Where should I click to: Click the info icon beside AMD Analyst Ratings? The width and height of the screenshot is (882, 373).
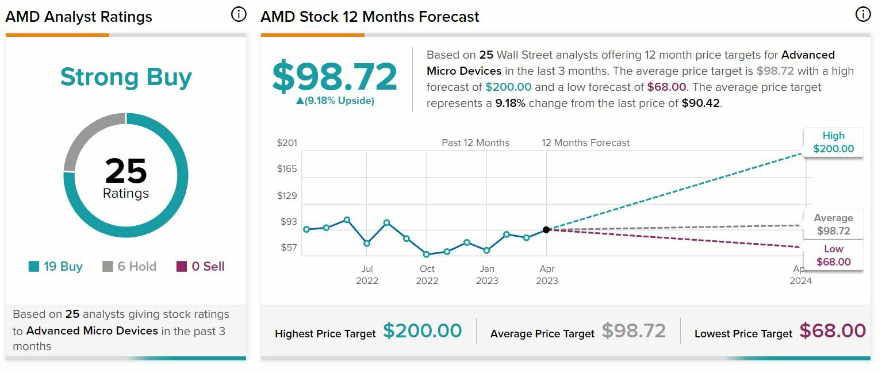tap(239, 14)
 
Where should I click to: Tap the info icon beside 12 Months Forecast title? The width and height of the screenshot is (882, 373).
tap(863, 14)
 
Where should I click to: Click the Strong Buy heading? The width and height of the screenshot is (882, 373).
tap(126, 77)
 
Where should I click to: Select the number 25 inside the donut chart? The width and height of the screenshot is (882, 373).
tap(126, 171)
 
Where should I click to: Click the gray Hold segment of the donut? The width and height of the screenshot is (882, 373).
tap(89, 138)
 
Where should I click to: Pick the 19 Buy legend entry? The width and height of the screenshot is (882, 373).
tap(56, 267)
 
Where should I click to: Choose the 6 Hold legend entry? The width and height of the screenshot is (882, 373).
tap(129, 267)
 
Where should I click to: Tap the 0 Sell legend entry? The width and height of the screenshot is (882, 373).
tap(201, 267)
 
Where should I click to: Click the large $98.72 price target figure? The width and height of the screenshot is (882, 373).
tap(335, 76)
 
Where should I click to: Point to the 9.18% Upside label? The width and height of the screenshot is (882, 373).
tap(335, 101)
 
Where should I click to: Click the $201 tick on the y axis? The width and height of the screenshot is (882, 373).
tap(287, 143)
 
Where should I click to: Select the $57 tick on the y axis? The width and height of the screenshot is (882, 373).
tap(288, 248)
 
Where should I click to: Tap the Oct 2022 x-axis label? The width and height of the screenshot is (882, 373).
tap(427, 275)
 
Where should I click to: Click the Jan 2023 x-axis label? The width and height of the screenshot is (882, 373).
tap(487, 275)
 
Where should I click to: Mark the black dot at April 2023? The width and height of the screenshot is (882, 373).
tap(546, 229)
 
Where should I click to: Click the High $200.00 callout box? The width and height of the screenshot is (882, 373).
tap(833, 143)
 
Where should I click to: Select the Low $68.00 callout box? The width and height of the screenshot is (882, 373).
tap(833, 256)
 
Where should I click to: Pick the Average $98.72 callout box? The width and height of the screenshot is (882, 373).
tap(833, 225)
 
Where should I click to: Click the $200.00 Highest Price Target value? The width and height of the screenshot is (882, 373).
tap(423, 331)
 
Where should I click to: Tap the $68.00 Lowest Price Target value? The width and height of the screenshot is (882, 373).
tap(833, 331)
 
